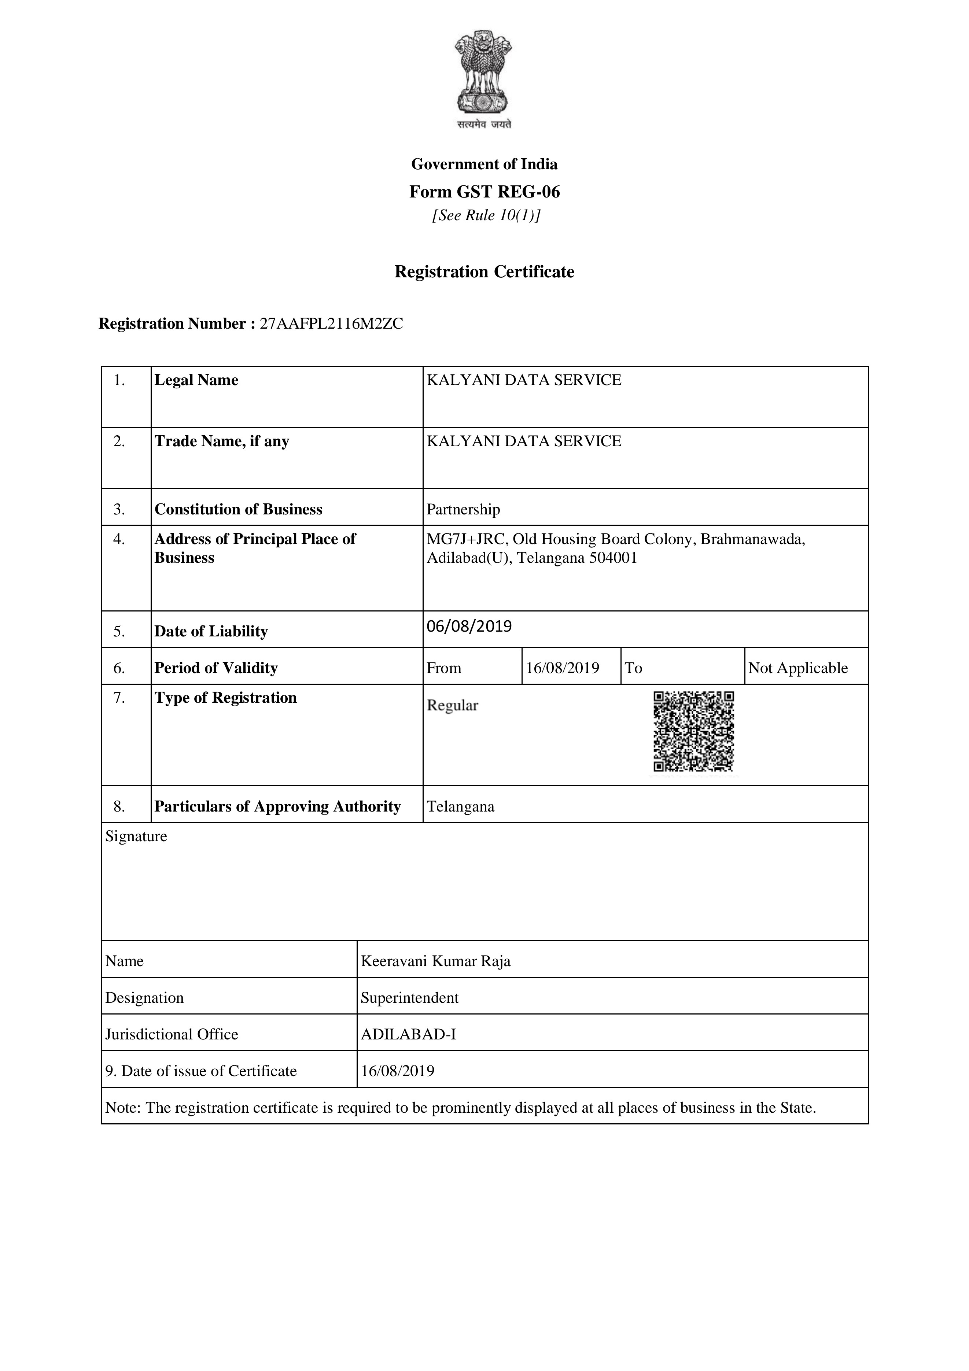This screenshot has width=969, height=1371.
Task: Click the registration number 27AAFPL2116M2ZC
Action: point(332,324)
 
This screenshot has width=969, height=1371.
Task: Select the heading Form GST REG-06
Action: point(484,192)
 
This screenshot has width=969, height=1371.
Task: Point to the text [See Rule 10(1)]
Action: point(486,215)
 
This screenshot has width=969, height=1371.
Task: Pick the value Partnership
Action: point(463,509)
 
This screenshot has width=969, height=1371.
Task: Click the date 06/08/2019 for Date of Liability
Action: point(469,627)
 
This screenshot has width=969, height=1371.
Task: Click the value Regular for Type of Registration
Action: point(452,705)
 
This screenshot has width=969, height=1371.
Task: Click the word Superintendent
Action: point(410,998)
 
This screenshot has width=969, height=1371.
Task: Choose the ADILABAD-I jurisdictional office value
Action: point(408,1034)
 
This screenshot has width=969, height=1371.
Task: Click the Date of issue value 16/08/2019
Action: point(397,1071)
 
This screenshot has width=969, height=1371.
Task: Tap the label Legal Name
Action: point(196,380)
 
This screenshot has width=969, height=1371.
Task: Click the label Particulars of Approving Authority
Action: point(277,807)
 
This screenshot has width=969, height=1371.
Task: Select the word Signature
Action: point(136,836)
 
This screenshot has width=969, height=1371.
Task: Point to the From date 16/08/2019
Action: point(562,668)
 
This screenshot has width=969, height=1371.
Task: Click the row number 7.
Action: point(119,698)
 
